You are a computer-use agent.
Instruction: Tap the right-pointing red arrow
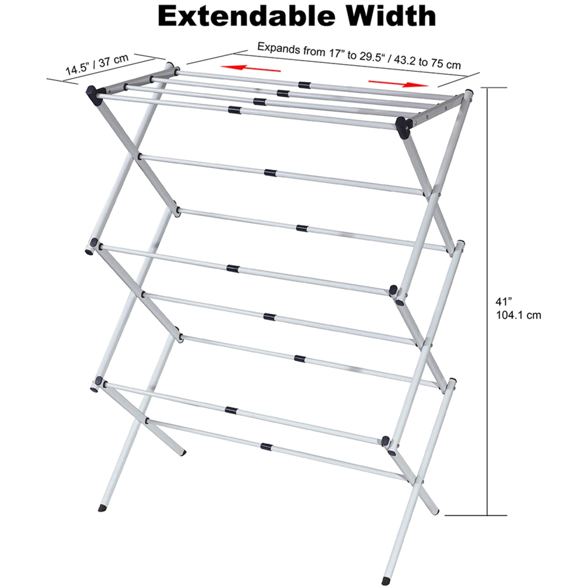coord(398,83)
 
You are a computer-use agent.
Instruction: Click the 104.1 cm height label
coord(518,315)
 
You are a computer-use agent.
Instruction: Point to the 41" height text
coord(503,302)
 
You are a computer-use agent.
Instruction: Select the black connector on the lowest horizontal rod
coord(267,446)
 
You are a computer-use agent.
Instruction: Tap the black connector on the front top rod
coord(234,109)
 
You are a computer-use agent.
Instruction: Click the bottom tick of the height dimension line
coord(476,516)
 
